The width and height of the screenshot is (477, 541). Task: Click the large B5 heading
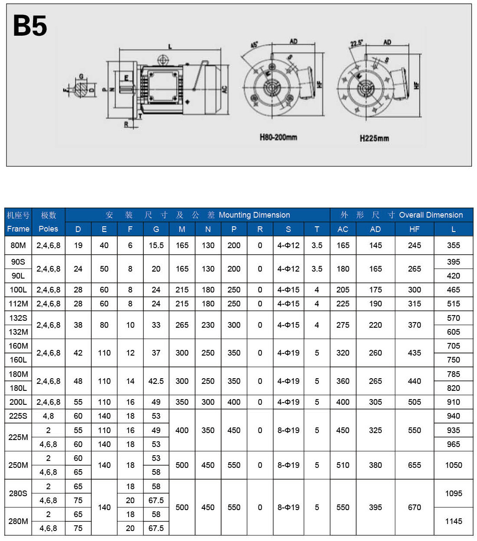coord(30,26)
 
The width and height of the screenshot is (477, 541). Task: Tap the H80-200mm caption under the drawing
coord(278,138)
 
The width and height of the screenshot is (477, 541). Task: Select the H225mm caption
coord(374,138)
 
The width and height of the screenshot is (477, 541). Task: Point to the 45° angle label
coord(255,45)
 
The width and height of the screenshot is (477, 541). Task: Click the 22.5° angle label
coord(356,44)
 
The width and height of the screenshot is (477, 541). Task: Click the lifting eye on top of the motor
coord(163,60)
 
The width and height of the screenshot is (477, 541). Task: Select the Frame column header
coord(18,229)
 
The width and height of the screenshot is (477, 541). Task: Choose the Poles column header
coord(48,229)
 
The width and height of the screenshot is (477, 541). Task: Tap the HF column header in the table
coord(414,229)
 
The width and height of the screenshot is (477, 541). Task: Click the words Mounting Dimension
coord(254,215)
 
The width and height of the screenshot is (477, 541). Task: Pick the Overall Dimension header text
coord(431,215)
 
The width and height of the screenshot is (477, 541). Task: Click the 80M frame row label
coord(18,245)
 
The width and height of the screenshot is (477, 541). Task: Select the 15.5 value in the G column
coord(156,245)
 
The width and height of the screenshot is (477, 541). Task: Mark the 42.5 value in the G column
coord(156,381)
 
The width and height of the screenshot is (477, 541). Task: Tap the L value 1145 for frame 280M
coord(453,521)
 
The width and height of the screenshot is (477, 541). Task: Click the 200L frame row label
coord(18,402)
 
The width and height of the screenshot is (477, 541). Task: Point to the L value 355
coord(453,245)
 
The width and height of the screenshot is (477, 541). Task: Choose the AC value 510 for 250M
coord(343,465)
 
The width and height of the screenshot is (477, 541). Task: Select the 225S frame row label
coord(18,416)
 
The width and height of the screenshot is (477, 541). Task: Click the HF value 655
coord(414,465)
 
